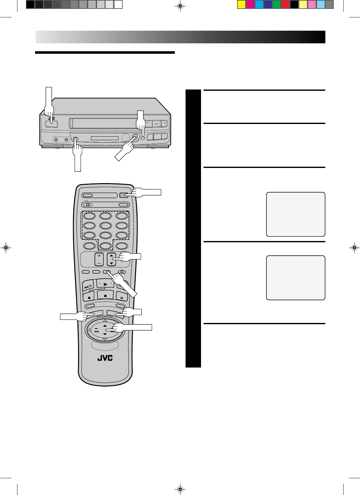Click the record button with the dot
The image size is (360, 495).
point(90,297)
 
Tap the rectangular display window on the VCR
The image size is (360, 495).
point(104,138)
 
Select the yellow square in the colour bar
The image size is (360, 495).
point(241,5)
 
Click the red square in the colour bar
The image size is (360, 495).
point(285,5)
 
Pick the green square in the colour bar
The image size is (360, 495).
point(277,5)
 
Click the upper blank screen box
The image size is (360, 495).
point(296,214)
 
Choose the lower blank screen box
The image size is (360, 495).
point(296,278)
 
